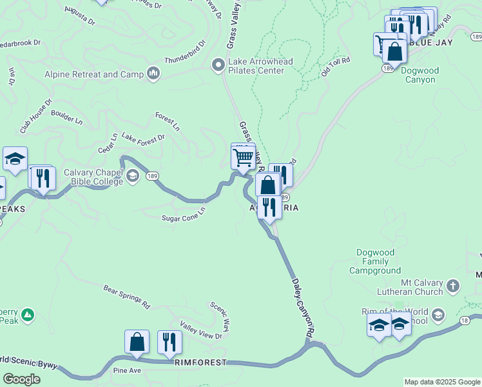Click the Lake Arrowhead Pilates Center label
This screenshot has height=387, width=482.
click(x=260, y=66)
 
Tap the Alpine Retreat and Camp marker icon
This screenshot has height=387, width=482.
click(x=153, y=74)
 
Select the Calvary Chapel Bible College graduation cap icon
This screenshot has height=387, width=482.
click(x=133, y=176)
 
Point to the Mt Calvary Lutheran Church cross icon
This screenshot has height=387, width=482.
click(x=453, y=284)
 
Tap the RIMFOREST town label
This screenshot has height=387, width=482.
click(x=200, y=362)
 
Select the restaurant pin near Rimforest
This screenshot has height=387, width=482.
click(x=169, y=342)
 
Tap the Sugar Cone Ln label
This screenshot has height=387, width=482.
click(x=183, y=214)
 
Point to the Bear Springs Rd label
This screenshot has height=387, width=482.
click(x=126, y=296)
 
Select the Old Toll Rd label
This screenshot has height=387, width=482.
click(x=335, y=67)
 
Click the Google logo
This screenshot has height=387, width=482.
click(x=22, y=379)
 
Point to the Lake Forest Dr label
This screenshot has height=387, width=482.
click(x=143, y=137)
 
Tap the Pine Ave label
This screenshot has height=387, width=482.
click(x=127, y=371)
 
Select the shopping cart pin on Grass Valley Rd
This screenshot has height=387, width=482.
click(x=243, y=156)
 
